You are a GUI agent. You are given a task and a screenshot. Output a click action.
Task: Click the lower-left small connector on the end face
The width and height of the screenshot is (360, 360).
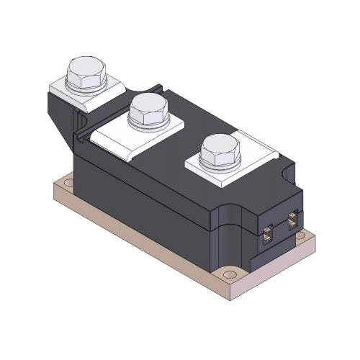coord(268,232)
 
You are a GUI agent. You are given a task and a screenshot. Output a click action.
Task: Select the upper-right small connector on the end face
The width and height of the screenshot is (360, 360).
coord(293,218)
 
